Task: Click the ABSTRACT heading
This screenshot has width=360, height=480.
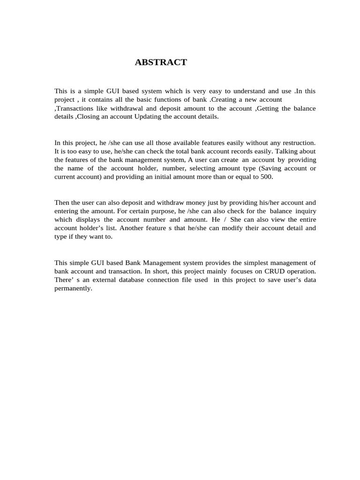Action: pos(161,62)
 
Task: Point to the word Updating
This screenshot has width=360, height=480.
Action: pos(147,117)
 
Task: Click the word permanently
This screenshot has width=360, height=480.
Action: pos(73,288)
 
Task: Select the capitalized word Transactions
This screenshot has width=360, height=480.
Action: pos(73,108)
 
